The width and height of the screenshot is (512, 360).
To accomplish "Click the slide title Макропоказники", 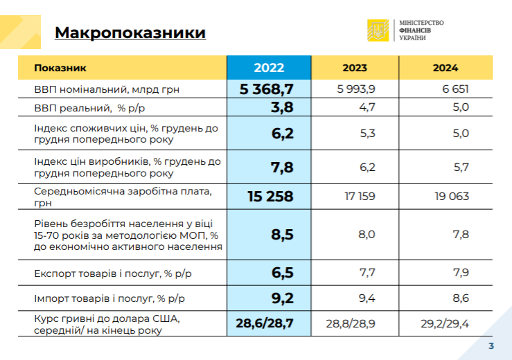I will coord(130,33).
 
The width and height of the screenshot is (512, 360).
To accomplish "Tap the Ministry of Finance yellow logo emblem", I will coord(378,30).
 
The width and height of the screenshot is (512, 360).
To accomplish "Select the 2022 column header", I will coord(269,67).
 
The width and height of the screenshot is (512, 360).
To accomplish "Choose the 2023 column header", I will coord(355,68).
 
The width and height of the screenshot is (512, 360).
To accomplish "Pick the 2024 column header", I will coord(445,68).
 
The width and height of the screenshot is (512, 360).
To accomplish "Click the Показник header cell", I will coord(60,68).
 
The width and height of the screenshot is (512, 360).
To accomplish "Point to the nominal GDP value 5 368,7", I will coord(267,89).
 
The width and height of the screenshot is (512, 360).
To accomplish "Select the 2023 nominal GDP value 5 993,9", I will coord(356,89).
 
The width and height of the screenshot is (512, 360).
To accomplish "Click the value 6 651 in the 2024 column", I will coord(454,89).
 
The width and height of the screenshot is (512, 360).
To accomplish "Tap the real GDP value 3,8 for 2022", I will coord(282,107).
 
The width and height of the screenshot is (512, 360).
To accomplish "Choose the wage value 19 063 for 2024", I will coord(452,196).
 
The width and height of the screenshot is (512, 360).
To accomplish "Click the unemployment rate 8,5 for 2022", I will coord(282,235).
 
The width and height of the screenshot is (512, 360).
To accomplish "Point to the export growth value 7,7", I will coord(367,273).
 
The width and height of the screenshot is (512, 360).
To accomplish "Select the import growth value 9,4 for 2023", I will coord(367,299).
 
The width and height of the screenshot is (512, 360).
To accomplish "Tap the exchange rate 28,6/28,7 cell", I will coord(265,323).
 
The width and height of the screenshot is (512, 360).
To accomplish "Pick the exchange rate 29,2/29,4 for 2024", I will coord(445,323).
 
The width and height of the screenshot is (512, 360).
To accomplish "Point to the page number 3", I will coord(491,346).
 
